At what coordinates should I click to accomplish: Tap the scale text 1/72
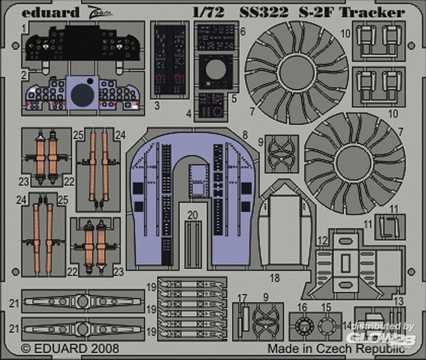(208, 12)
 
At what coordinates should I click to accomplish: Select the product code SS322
(264, 12)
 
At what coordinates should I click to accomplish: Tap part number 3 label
(157, 106)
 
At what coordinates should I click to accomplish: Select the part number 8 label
(245, 135)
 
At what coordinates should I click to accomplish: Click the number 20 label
(193, 215)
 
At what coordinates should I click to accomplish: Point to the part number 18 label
(275, 278)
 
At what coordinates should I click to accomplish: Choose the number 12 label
(322, 241)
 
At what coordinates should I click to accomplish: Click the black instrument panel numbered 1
(81, 43)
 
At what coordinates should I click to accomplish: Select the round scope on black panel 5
(216, 70)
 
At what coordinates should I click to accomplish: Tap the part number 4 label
(189, 114)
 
